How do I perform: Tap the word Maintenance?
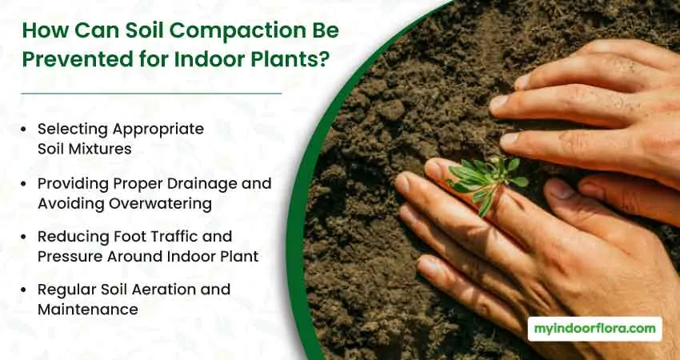tap(88, 310)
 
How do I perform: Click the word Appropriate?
tap(158, 130)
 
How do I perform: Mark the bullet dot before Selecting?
tap(23, 130)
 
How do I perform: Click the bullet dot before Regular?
tap(23, 290)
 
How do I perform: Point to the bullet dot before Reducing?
tap(23, 237)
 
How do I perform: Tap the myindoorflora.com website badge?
tap(595, 329)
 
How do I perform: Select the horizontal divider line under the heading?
tap(151, 94)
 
